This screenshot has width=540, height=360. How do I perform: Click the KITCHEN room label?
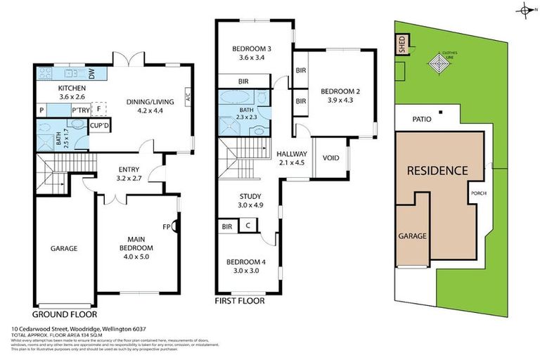click(x=71, y=88)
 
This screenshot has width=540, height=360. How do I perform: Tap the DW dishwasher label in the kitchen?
click(x=92, y=72)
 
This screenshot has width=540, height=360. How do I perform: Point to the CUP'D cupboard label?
click(x=98, y=125)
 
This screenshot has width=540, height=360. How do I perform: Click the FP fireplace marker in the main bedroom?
click(x=167, y=226)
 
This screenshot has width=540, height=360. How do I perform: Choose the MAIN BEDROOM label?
click(x=135, y=243)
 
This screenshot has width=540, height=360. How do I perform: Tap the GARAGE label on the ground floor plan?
click(x=63, y=248)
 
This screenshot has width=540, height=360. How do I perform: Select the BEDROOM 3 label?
click(x=253, y=49)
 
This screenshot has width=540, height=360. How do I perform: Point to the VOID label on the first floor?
click(x=330, y=157)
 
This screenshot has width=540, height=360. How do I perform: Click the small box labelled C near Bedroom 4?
click(x=248, y=226)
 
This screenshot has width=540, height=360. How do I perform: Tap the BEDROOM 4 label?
click(x=247, y=262)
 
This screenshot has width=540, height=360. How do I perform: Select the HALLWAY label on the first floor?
click(x=291, y=154)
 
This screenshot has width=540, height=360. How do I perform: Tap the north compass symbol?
click(x=525, y=9)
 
